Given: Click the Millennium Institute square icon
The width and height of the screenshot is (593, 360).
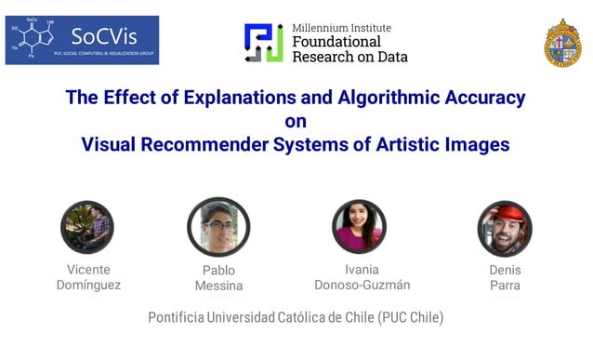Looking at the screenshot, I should (264, 42).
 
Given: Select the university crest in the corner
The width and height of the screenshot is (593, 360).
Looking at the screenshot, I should (562, 43).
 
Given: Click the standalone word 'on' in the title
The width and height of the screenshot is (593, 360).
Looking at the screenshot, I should (296, 121).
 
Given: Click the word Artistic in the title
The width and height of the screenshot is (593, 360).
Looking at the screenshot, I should (412, 145).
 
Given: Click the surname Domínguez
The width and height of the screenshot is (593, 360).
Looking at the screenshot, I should (88, 285).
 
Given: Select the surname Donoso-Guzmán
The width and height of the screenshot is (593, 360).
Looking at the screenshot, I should (362, 285).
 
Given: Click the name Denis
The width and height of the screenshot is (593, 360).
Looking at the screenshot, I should (505, 270).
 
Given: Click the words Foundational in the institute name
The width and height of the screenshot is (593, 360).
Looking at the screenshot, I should (337, 42).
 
